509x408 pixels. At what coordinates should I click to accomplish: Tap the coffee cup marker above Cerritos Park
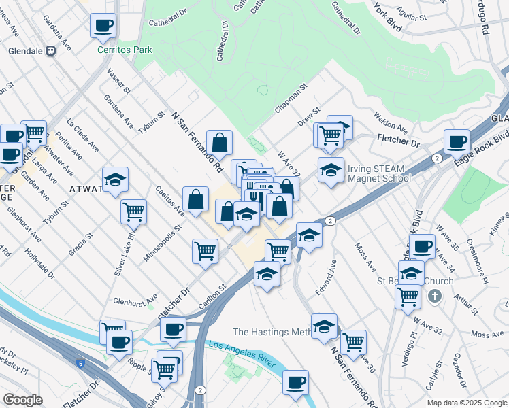pyautogui.click(x=103, y=27)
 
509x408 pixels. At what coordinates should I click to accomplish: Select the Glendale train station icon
pyautogui.click(x=50, y=50)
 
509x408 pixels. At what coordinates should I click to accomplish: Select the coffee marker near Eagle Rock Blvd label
pyautogui.click(x=457, y=142)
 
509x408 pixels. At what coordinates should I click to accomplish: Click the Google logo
pyautogui.click(x=22, y=400)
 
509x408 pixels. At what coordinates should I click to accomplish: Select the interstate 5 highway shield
pyautogui.click(x=82, y=364)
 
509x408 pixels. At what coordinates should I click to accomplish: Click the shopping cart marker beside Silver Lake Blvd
pyautogui.click(x=134, y=211)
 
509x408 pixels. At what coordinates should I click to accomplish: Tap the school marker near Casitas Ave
pyautogui.click(x=116, y=180)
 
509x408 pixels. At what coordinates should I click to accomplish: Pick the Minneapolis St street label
pyautogui.click(x=161, y=243)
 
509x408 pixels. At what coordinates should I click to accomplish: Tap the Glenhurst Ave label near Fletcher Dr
pyautogui.click(x=135, y=299)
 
